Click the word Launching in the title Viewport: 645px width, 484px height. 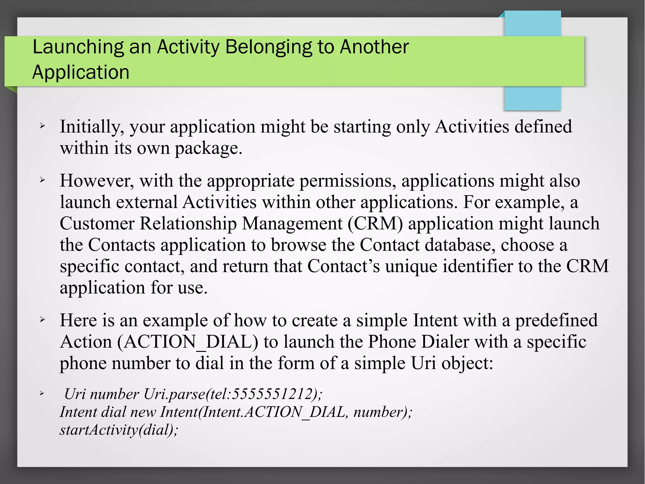coord(78,47)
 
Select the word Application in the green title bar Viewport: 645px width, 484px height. coord(81,72)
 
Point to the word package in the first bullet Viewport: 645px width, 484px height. coord(208,148)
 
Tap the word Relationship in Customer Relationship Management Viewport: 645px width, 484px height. coord(188,224)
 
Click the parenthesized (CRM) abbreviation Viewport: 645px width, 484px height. coord(375,224)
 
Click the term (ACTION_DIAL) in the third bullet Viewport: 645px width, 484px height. coord(187,342)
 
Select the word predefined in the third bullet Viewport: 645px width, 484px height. coord(556,321)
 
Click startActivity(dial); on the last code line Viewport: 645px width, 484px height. coord(119,430)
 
